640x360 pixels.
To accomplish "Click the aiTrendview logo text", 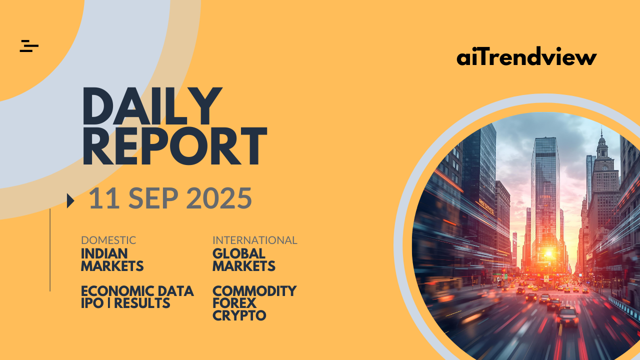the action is [526, 56].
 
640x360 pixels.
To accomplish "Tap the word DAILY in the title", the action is [152, 106].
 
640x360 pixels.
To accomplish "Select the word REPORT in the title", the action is [175, 146].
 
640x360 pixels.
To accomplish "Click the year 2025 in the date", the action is [219, 198].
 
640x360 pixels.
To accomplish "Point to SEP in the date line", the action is [153, 198].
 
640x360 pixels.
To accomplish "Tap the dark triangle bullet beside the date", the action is [70, 200].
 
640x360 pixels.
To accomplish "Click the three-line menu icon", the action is [29, 46].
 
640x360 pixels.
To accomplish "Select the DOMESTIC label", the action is [108, 240].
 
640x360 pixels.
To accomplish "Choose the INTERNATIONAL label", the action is [255, 240].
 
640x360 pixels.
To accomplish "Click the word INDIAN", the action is [104, 253].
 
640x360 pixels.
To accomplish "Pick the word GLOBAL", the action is [239, 253].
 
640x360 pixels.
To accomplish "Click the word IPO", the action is [92, 303].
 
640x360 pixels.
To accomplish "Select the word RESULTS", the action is [142, 303].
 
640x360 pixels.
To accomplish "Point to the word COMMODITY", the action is [254, 291].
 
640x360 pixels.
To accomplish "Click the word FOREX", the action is [234, 303].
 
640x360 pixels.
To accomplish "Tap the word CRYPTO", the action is [239, 315].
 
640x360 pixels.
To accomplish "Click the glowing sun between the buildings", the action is [548, 253].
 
